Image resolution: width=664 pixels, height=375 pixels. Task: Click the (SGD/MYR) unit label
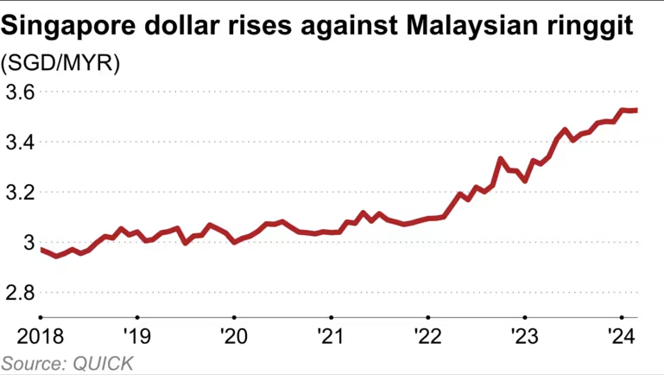pos(61,64)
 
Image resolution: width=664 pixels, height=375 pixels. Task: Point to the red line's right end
pos(636,111)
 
